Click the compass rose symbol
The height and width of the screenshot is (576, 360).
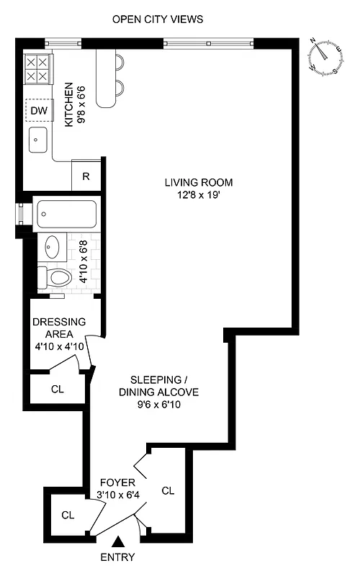[325, 56]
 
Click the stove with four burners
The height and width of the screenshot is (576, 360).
[37, 68]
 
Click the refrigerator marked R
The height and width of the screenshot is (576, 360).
[86, 175]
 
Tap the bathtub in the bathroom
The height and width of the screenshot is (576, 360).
[66, 213]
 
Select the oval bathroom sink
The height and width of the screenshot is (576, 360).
[53, 247]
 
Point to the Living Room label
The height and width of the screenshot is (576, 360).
[198, 182]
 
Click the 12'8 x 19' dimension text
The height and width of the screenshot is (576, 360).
[198, 194]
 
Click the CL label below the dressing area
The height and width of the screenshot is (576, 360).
[58, 389]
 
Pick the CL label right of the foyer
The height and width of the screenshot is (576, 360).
[168, 491]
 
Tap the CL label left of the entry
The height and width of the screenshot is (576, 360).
[68, 515]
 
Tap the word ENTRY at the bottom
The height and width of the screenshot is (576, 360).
[117, 557]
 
